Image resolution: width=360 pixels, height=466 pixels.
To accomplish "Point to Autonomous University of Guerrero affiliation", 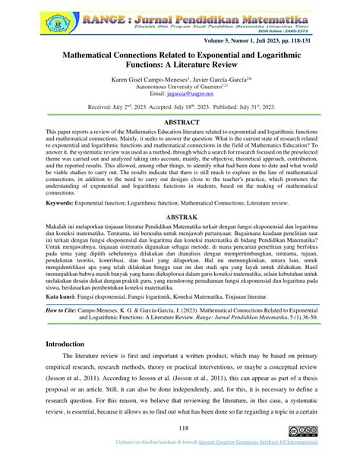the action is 180,90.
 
